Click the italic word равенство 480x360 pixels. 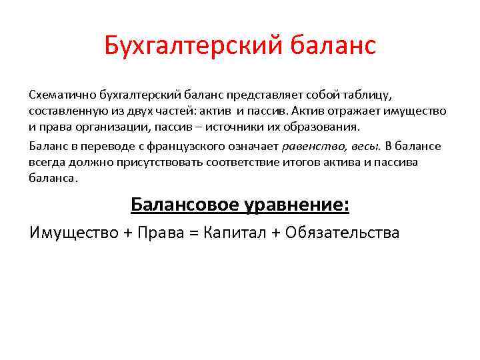pos(309,147)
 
